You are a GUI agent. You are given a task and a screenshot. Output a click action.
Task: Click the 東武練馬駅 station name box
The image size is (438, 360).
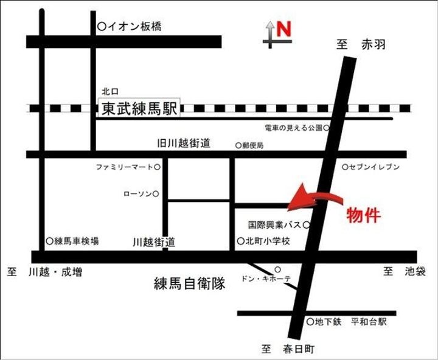coord(140,109)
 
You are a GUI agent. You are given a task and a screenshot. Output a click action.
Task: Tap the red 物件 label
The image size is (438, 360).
coord(363,215)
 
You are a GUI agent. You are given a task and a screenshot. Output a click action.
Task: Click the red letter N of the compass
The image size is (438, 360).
coord(284,29)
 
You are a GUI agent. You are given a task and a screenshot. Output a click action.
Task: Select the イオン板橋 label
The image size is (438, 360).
coord(134,26)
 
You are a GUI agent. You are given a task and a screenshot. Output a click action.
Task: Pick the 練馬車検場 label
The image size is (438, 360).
coord(77,241)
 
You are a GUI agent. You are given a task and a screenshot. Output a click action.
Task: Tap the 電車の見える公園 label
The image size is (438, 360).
coord(294,128)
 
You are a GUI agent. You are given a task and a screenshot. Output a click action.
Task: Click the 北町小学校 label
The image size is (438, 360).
coord(268,241)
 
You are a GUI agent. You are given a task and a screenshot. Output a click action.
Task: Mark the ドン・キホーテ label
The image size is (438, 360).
coord(267,279)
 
